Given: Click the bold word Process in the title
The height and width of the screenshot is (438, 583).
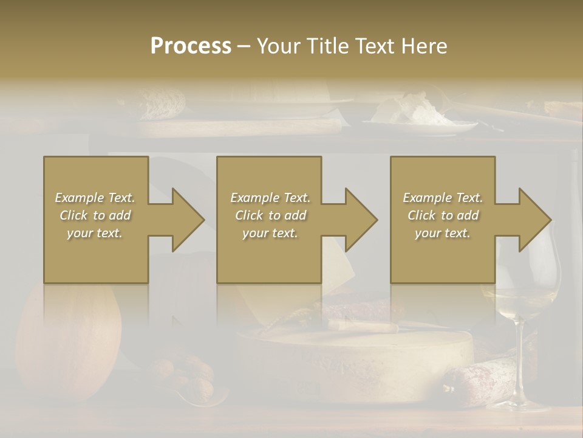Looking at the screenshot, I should (191, 46).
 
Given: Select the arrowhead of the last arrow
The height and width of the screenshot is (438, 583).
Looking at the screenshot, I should (534, 220).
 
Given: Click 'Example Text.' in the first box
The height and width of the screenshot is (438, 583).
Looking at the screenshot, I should (95, 198).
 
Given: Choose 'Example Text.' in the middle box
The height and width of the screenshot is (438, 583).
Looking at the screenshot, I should (270, 198).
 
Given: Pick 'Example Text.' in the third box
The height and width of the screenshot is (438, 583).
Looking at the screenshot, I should (443, 198).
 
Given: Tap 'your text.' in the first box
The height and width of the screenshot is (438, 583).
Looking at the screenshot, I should (95, 233).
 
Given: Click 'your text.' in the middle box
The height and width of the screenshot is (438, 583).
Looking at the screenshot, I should (270, 233).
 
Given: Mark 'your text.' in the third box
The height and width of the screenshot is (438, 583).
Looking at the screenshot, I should (443, 233).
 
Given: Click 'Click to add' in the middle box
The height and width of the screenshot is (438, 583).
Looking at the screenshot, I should (270, 215).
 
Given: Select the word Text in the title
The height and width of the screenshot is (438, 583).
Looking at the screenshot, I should (376, 46).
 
